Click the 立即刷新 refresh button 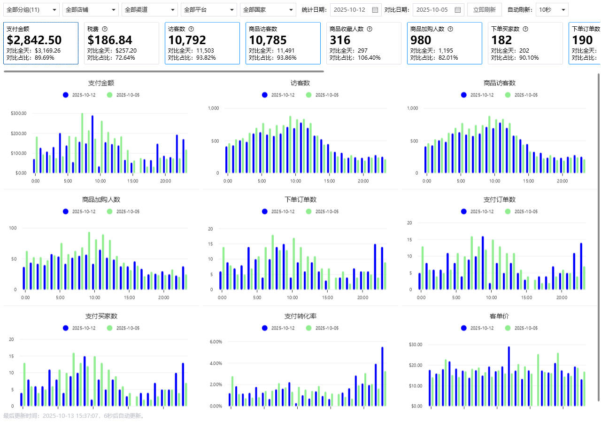tap(485, 9)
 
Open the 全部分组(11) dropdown tap(31, 9)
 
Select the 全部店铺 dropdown tap(91, 9)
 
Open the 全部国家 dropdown tap(268, 9)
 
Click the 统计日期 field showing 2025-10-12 tap(355, 9)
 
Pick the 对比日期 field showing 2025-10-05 tap(438, 9)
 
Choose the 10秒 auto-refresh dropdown tap(552, 9)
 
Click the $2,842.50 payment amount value tap(34, 40)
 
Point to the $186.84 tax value tap(110, 40)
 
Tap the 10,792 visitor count tap(187, 40)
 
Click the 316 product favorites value tap(339, 40)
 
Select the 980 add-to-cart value tap(421, 40)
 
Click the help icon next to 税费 tap(105, 29)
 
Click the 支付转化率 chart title tap(300, 316)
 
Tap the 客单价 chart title tap(499, 316)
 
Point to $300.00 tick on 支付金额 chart tap(18, 113)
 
